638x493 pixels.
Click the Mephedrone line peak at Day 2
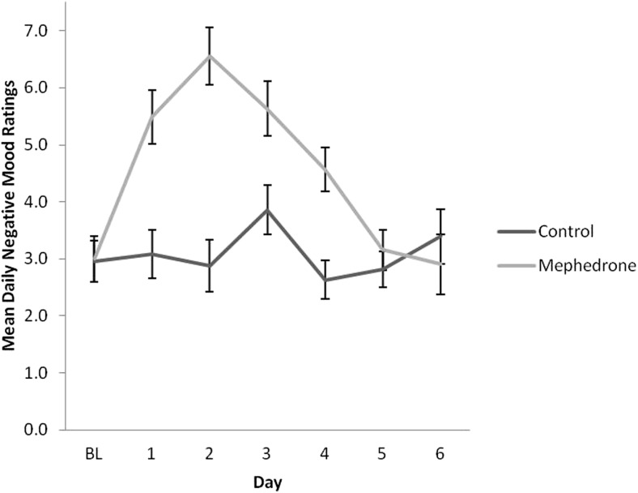(208, 55)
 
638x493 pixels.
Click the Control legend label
(565, 230)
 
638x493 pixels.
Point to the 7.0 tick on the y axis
(37, 31)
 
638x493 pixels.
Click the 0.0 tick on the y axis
(37, 430)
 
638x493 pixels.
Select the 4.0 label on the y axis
(37, 202)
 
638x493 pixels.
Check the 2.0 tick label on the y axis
(37, 315)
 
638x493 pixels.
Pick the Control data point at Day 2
(208, 265)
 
